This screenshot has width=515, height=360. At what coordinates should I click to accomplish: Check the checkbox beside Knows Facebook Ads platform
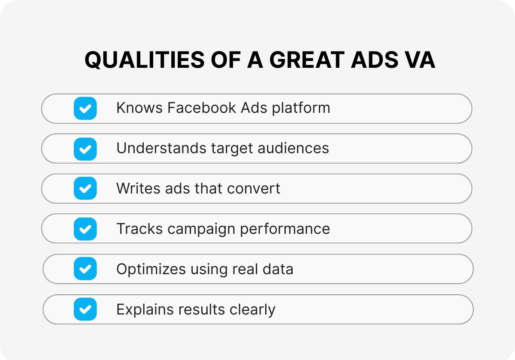85,108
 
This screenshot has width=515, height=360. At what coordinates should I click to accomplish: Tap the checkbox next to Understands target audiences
85,148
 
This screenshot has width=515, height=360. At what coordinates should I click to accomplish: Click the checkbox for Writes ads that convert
85,188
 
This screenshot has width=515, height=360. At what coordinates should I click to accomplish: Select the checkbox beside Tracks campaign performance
85,229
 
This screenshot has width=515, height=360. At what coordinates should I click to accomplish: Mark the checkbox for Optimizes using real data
85,269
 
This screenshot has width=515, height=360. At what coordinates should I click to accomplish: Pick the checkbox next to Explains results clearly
85,309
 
